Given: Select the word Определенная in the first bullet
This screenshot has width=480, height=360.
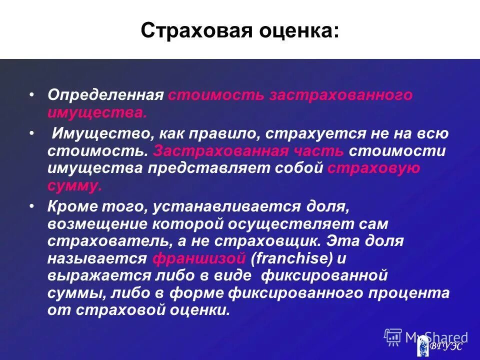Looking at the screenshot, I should coord(105,95).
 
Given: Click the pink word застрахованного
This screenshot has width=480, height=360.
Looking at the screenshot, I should coord(341,95).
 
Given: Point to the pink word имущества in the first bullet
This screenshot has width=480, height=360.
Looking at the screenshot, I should coord(97,112).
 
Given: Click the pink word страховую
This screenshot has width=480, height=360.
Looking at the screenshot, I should coord(374,168).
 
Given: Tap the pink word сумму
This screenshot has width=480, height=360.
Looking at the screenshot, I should coord(74,185).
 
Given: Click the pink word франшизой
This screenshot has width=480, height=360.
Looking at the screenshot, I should coord(199,258).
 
